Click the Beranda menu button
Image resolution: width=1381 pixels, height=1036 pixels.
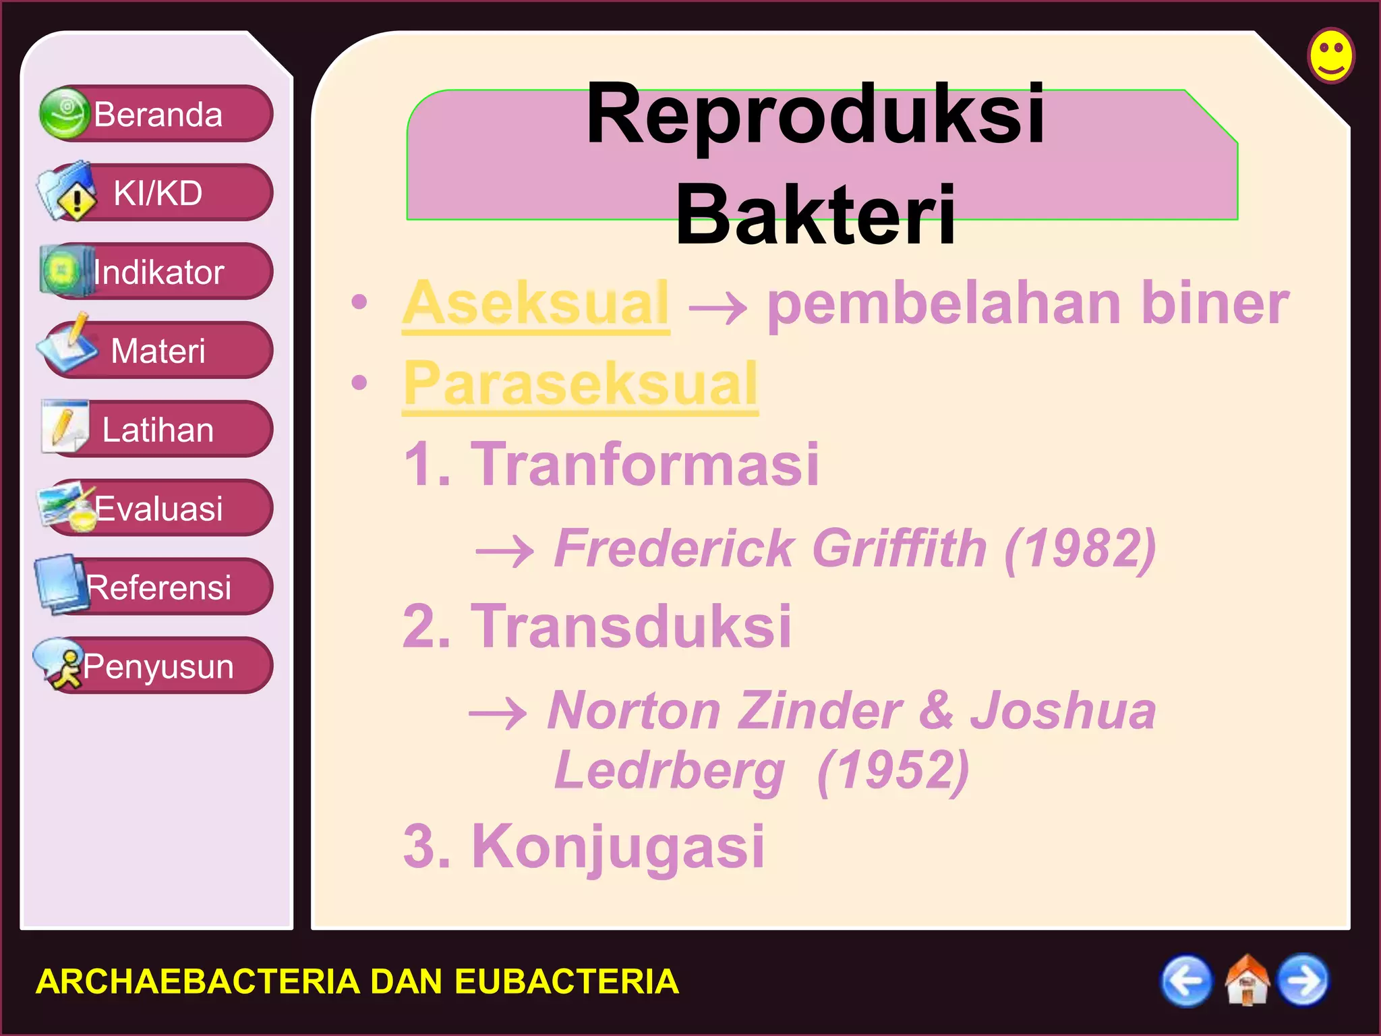tap(156, 113)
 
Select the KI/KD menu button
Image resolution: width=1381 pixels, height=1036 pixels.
tap(156, 192)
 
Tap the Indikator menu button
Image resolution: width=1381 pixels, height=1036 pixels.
tap(156, 271)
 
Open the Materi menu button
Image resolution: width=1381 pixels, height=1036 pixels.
tap(156, 350)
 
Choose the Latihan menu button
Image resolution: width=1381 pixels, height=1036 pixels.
tap(156, 429)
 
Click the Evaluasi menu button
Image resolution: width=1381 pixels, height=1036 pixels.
tap(156, 508)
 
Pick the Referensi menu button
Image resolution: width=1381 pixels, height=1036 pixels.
tap(156, 587)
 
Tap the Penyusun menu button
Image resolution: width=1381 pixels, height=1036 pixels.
tap(156, 666)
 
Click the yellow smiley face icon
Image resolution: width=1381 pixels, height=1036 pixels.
tap(1331, 55)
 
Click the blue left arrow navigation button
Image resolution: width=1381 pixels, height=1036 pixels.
tap(1186, 981)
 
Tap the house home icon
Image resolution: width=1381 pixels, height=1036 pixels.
tap(1246, 981)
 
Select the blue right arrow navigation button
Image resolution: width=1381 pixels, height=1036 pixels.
tap(1303, 981)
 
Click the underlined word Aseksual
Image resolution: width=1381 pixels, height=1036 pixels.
tap(535, 304)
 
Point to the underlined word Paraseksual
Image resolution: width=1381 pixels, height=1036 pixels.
tap(580, 384)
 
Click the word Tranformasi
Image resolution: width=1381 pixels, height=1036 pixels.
tap(644, 463)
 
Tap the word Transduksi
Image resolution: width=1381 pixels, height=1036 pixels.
tap(630, 626)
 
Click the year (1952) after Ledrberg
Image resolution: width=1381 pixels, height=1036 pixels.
tap(893, 770)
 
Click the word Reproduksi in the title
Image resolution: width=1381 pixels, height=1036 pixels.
tap(815, 113)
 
